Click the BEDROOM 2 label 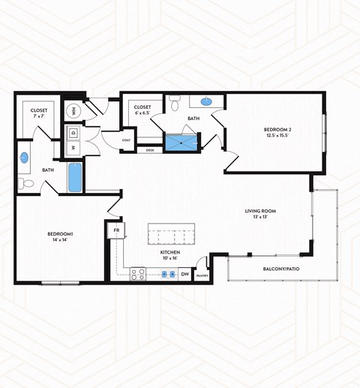pos(278,130)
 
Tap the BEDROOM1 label pos(60,235)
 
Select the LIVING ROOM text pos(260,212)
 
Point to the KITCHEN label pos(170,253)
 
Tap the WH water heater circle pos(73,111)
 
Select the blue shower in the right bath pos(180,143)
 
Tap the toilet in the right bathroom pos(174,105)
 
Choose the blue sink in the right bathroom pos(206,101)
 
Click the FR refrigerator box pos(117,230)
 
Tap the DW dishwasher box pos(185,275)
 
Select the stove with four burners pos(139,275)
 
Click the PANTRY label pos(201,276)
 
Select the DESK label pos(151,150)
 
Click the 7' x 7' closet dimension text pos(39,117)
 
